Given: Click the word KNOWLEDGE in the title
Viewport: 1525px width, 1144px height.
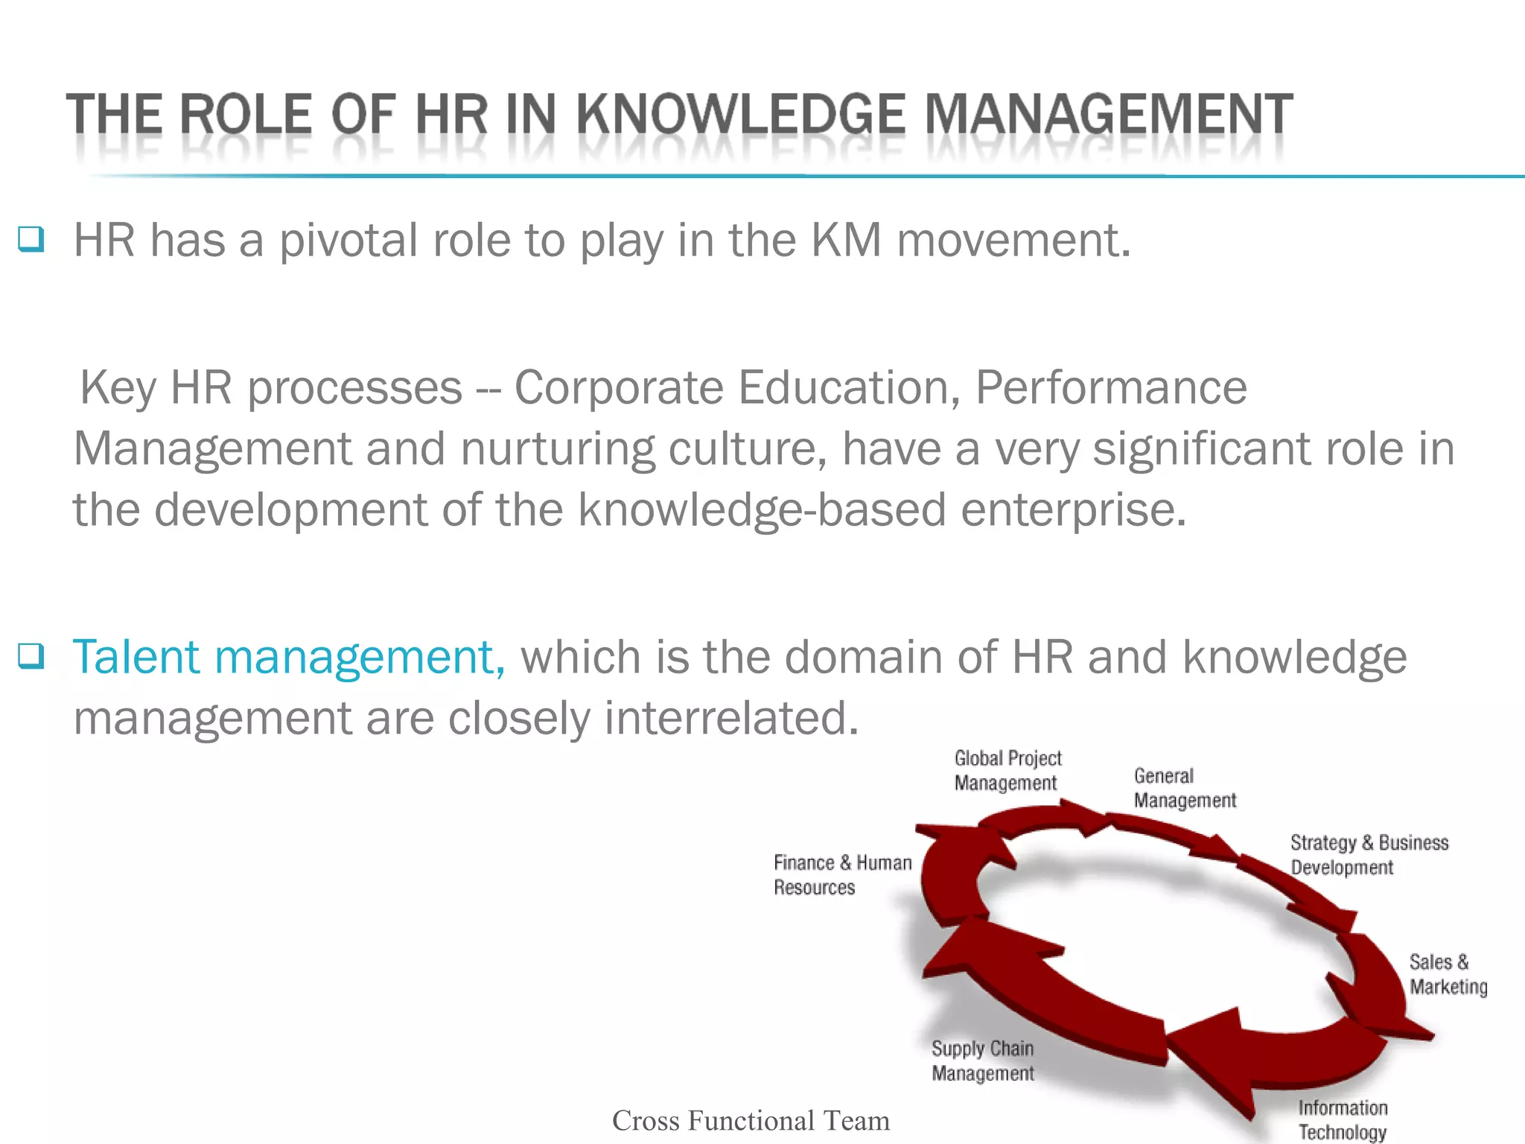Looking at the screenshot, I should click(x=741, y=115).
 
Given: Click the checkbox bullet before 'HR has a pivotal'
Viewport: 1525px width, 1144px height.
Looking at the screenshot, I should click(x=31, y=240).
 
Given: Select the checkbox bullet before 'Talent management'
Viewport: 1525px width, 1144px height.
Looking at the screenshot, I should click(x=31, y=656).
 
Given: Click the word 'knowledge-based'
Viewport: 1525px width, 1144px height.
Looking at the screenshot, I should click(x=762, y=510).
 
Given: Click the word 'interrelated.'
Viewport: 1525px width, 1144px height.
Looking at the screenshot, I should click(x=732, y=718).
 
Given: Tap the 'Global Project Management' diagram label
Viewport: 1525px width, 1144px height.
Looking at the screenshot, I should click(x=1007, y=770).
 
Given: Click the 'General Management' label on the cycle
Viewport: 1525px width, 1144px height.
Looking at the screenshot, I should click(x=1184, y=788).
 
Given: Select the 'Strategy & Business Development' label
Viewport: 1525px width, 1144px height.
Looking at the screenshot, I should click(x=1369, y=854).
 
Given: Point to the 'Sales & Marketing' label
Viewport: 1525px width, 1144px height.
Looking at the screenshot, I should click(x=1447, y=973).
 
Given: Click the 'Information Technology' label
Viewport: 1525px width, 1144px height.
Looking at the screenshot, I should click(x=1342, y=1119).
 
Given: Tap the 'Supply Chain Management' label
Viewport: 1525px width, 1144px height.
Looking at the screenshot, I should click(x=982, y=1061).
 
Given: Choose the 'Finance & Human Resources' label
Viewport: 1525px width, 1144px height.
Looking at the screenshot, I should click(x=841, y=874).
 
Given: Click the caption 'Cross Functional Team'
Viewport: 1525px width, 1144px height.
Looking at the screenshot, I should click(x=751, y=1120).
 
